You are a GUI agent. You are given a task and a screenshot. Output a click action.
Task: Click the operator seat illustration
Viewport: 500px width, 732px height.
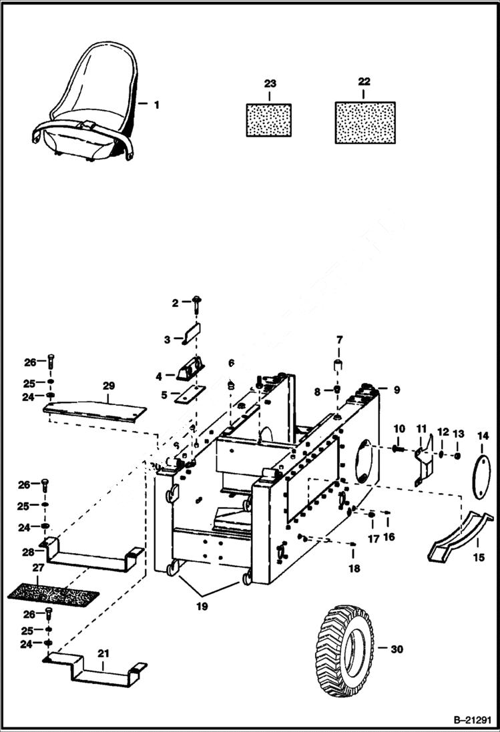(87, 107)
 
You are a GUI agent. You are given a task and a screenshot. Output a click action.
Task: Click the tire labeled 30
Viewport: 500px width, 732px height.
(342, 647)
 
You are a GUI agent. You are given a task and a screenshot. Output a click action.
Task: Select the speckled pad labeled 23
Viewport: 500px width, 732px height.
(268, 120)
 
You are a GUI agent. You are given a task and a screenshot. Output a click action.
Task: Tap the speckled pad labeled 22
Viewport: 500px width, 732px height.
(364, 122)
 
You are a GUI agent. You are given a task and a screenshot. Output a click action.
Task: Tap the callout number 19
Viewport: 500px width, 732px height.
(201, 607)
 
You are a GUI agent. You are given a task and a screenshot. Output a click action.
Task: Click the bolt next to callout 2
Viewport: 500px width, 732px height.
(197, 303)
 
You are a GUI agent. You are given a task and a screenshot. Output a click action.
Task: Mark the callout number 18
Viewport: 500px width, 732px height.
(354, 569)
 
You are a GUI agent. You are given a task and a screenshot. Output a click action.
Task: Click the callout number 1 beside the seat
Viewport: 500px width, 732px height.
(156, 105)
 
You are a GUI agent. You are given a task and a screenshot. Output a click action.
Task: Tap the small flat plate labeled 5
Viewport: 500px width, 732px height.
(189, 396)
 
